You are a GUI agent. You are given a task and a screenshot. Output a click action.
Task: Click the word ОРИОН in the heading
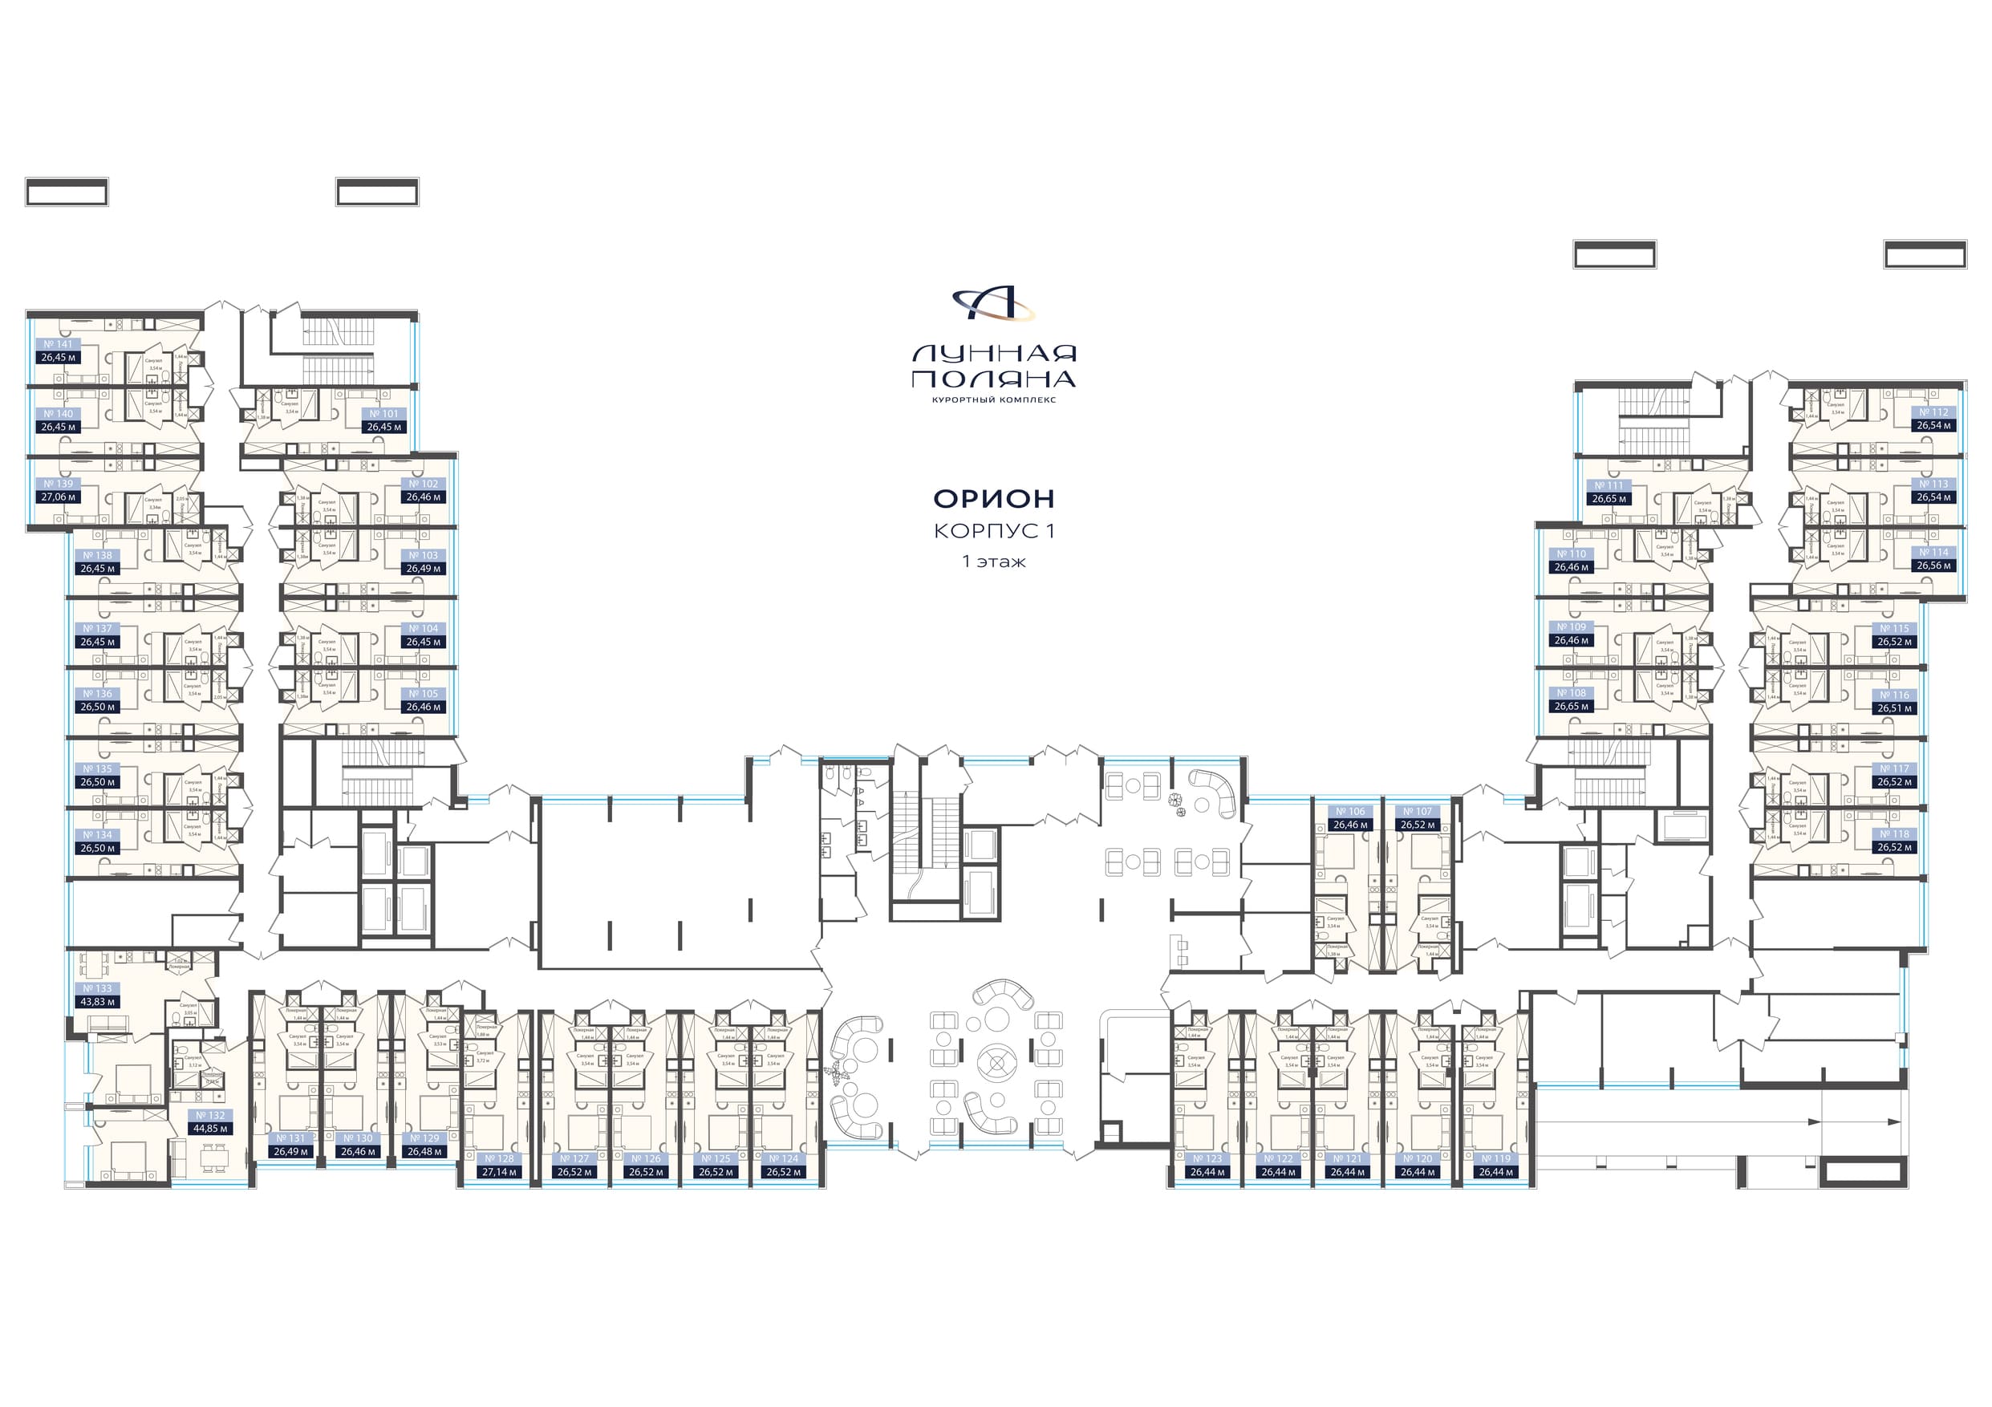coord(993,499)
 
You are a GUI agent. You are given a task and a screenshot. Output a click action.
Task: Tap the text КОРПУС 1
coord(994,531)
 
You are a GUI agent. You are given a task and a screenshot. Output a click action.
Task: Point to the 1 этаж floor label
coord(994,562)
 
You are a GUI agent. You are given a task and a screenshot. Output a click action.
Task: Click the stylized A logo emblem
coord(993,303)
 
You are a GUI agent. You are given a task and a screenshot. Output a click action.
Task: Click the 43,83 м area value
coord(97,1002)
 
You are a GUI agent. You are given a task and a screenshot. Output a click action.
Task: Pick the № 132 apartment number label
coord(210,1116)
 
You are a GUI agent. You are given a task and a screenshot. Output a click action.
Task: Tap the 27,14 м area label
coord(500,1172)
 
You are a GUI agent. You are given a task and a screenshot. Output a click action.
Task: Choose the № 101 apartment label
coord(384,414)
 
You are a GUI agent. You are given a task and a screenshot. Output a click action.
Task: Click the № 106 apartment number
coord(1351,812)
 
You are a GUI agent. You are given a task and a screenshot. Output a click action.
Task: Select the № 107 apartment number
coord(1418,812)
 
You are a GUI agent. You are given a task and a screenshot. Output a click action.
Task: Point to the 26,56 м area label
coord(1934,566)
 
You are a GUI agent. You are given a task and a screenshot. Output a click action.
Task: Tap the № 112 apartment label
coord(1934,412)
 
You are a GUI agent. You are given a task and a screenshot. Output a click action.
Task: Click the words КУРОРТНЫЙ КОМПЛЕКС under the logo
coord(993,400)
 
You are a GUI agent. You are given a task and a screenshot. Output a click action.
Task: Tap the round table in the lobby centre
coord(997,1062)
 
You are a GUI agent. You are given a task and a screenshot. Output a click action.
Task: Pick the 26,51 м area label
coord(1895,708)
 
